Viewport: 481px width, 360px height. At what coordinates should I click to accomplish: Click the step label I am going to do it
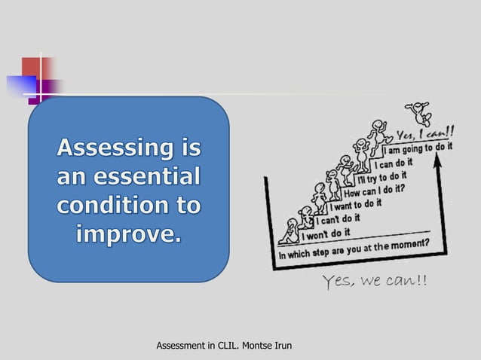(419, 149)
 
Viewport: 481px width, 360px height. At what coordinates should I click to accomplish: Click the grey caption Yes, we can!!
(373, 282)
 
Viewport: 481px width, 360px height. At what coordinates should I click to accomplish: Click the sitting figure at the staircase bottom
(288, 230)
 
